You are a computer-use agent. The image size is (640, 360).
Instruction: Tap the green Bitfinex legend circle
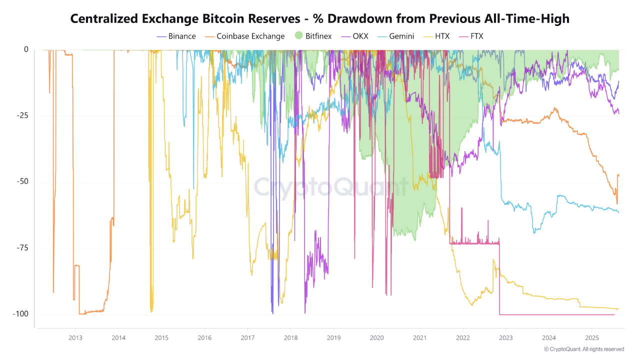298,36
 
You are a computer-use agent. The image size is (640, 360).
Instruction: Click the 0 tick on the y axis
26,49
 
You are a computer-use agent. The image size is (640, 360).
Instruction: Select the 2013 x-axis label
75,337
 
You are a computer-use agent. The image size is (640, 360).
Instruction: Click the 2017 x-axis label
247,337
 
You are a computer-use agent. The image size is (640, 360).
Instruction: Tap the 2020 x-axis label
376,337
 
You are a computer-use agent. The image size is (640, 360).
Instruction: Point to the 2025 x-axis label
591,337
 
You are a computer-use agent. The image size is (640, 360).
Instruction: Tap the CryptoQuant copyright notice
584,349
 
